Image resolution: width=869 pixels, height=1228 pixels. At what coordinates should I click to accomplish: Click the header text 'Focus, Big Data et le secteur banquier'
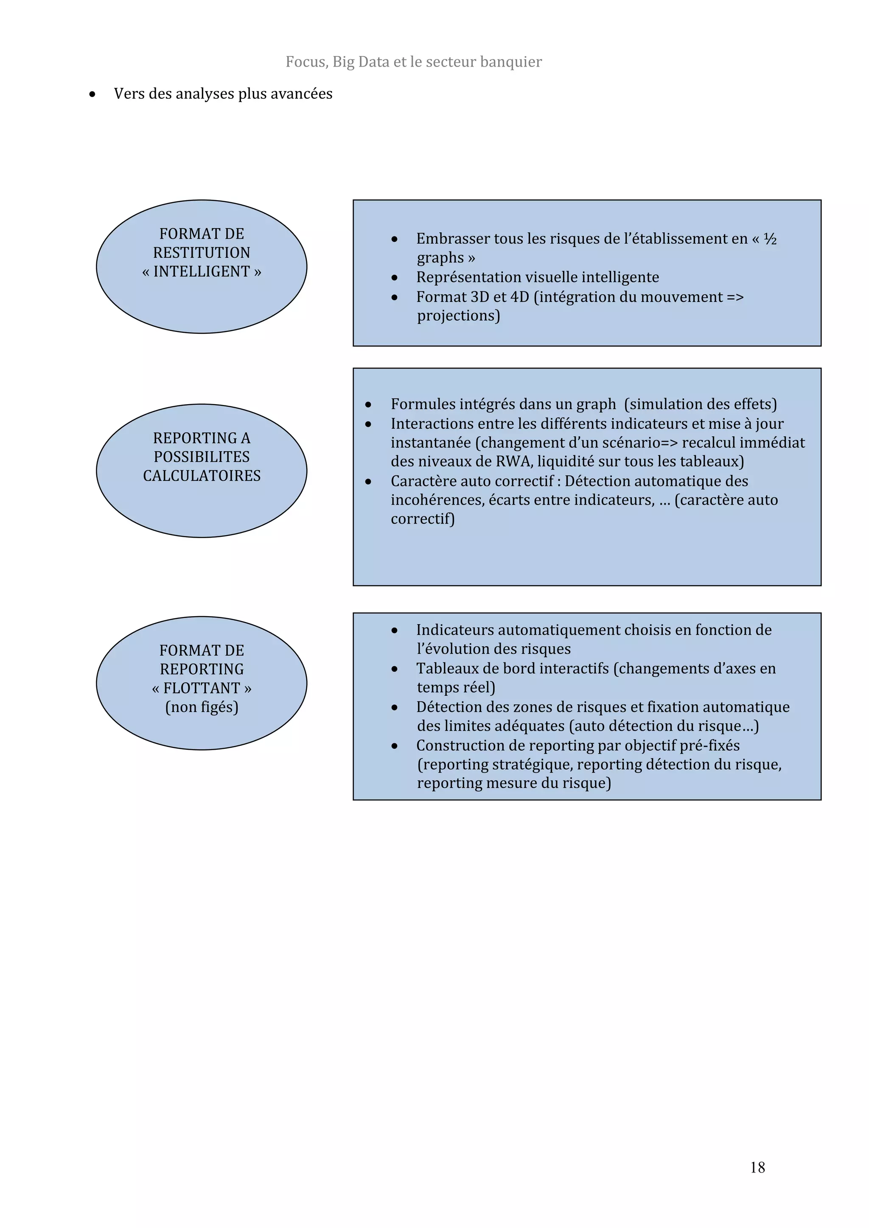414,62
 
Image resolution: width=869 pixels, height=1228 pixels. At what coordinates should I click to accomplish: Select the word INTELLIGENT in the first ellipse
201,272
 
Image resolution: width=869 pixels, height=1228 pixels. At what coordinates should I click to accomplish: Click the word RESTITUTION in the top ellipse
201,252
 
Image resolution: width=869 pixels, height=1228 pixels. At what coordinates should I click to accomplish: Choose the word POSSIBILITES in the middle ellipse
201,457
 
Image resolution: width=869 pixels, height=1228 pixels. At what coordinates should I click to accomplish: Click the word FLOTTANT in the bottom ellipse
201,688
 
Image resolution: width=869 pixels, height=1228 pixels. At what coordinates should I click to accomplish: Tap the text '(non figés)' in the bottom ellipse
201,707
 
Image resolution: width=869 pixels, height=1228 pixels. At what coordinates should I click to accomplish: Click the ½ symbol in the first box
770,239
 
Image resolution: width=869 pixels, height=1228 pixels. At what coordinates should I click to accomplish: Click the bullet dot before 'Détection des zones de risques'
394,708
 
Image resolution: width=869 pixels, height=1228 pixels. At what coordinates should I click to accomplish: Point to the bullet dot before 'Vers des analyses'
93,95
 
